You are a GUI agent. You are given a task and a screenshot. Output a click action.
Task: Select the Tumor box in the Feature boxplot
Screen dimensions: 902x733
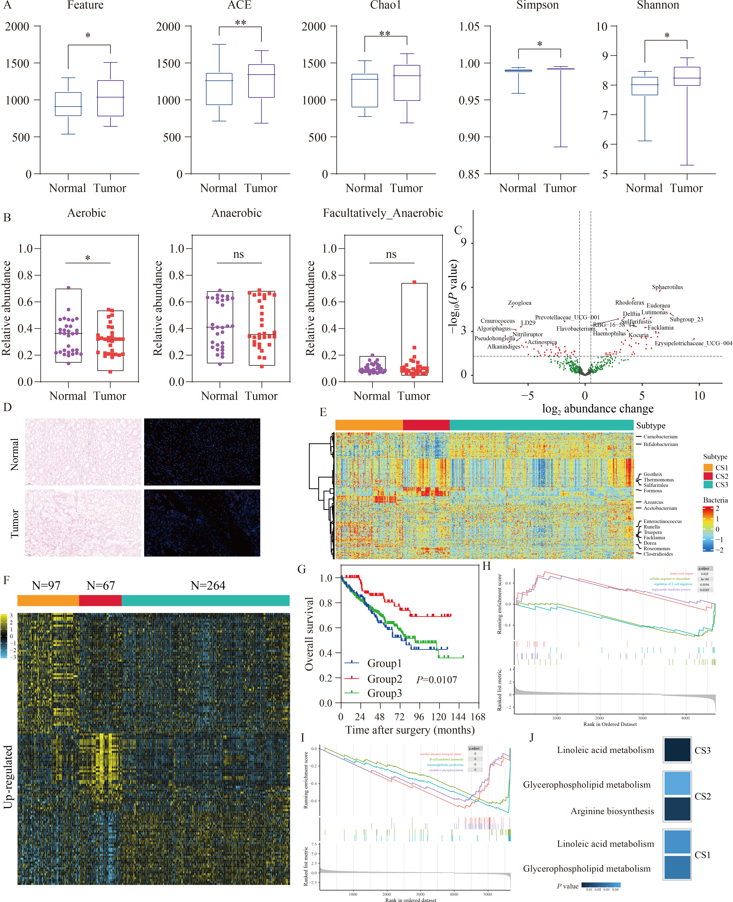[x=110, y=98]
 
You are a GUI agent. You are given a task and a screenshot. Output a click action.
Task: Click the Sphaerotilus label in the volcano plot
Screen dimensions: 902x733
[x=667, y=287]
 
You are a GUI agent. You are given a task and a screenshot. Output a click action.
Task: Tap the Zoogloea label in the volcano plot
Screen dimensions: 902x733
[x=519, y=303]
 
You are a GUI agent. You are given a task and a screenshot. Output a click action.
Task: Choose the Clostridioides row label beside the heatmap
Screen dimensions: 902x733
[x=658, y=554]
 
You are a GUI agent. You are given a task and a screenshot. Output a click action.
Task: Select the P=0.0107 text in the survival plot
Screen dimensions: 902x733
[x=437, y=680]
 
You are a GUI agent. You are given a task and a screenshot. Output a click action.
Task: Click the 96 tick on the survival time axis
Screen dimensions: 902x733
[x=419, y=717]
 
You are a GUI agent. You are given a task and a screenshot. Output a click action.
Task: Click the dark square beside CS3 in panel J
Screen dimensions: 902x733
[x=677, y=750]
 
